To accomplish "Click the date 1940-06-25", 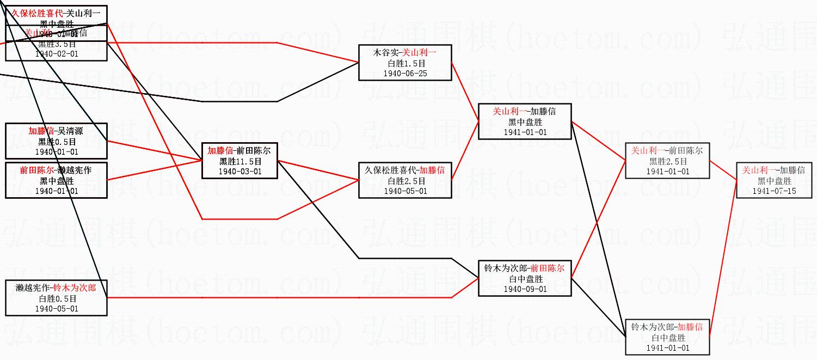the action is click(405, 74).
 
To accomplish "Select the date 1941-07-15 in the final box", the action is click(774, 191).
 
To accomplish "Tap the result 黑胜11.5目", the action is click(240, 161).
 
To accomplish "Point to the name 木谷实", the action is click(386, 53).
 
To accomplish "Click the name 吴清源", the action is click(70, 131).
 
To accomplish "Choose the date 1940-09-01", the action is click(525, 289).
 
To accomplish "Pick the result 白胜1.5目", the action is click(405, 63).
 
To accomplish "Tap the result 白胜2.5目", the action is click(405, 181).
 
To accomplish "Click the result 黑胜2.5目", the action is click(667, 161).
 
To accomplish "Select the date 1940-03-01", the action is click(240, 172).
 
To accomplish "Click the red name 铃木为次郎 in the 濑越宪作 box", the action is click(75, 288).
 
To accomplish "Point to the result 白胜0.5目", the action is click(56, 298).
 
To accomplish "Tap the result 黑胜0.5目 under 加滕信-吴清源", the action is click(56, 142).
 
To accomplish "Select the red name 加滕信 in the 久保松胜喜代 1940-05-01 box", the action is click(432, 170).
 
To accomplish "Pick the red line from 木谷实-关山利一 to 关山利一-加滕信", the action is click(465, 93).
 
